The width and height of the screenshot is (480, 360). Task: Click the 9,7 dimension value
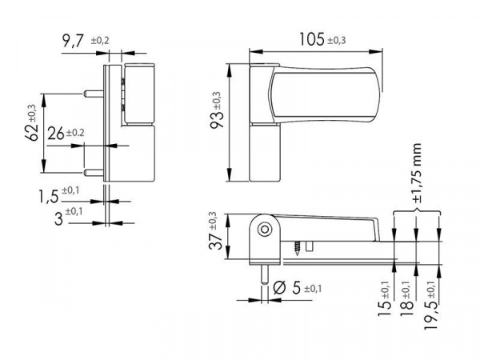coord(73,41)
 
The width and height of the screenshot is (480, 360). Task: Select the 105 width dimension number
coord(311,39)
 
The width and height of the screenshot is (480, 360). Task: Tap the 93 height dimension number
coord(217,118)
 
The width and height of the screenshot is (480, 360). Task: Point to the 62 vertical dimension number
coord(32,132)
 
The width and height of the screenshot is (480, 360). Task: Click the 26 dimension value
coord(56,134)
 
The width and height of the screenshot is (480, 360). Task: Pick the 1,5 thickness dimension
coord(48,196)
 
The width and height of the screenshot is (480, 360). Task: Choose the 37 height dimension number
coord(215,241)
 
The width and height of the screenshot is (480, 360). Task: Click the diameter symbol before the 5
coord(279,288)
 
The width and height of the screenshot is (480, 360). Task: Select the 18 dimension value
coord(408,308)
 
